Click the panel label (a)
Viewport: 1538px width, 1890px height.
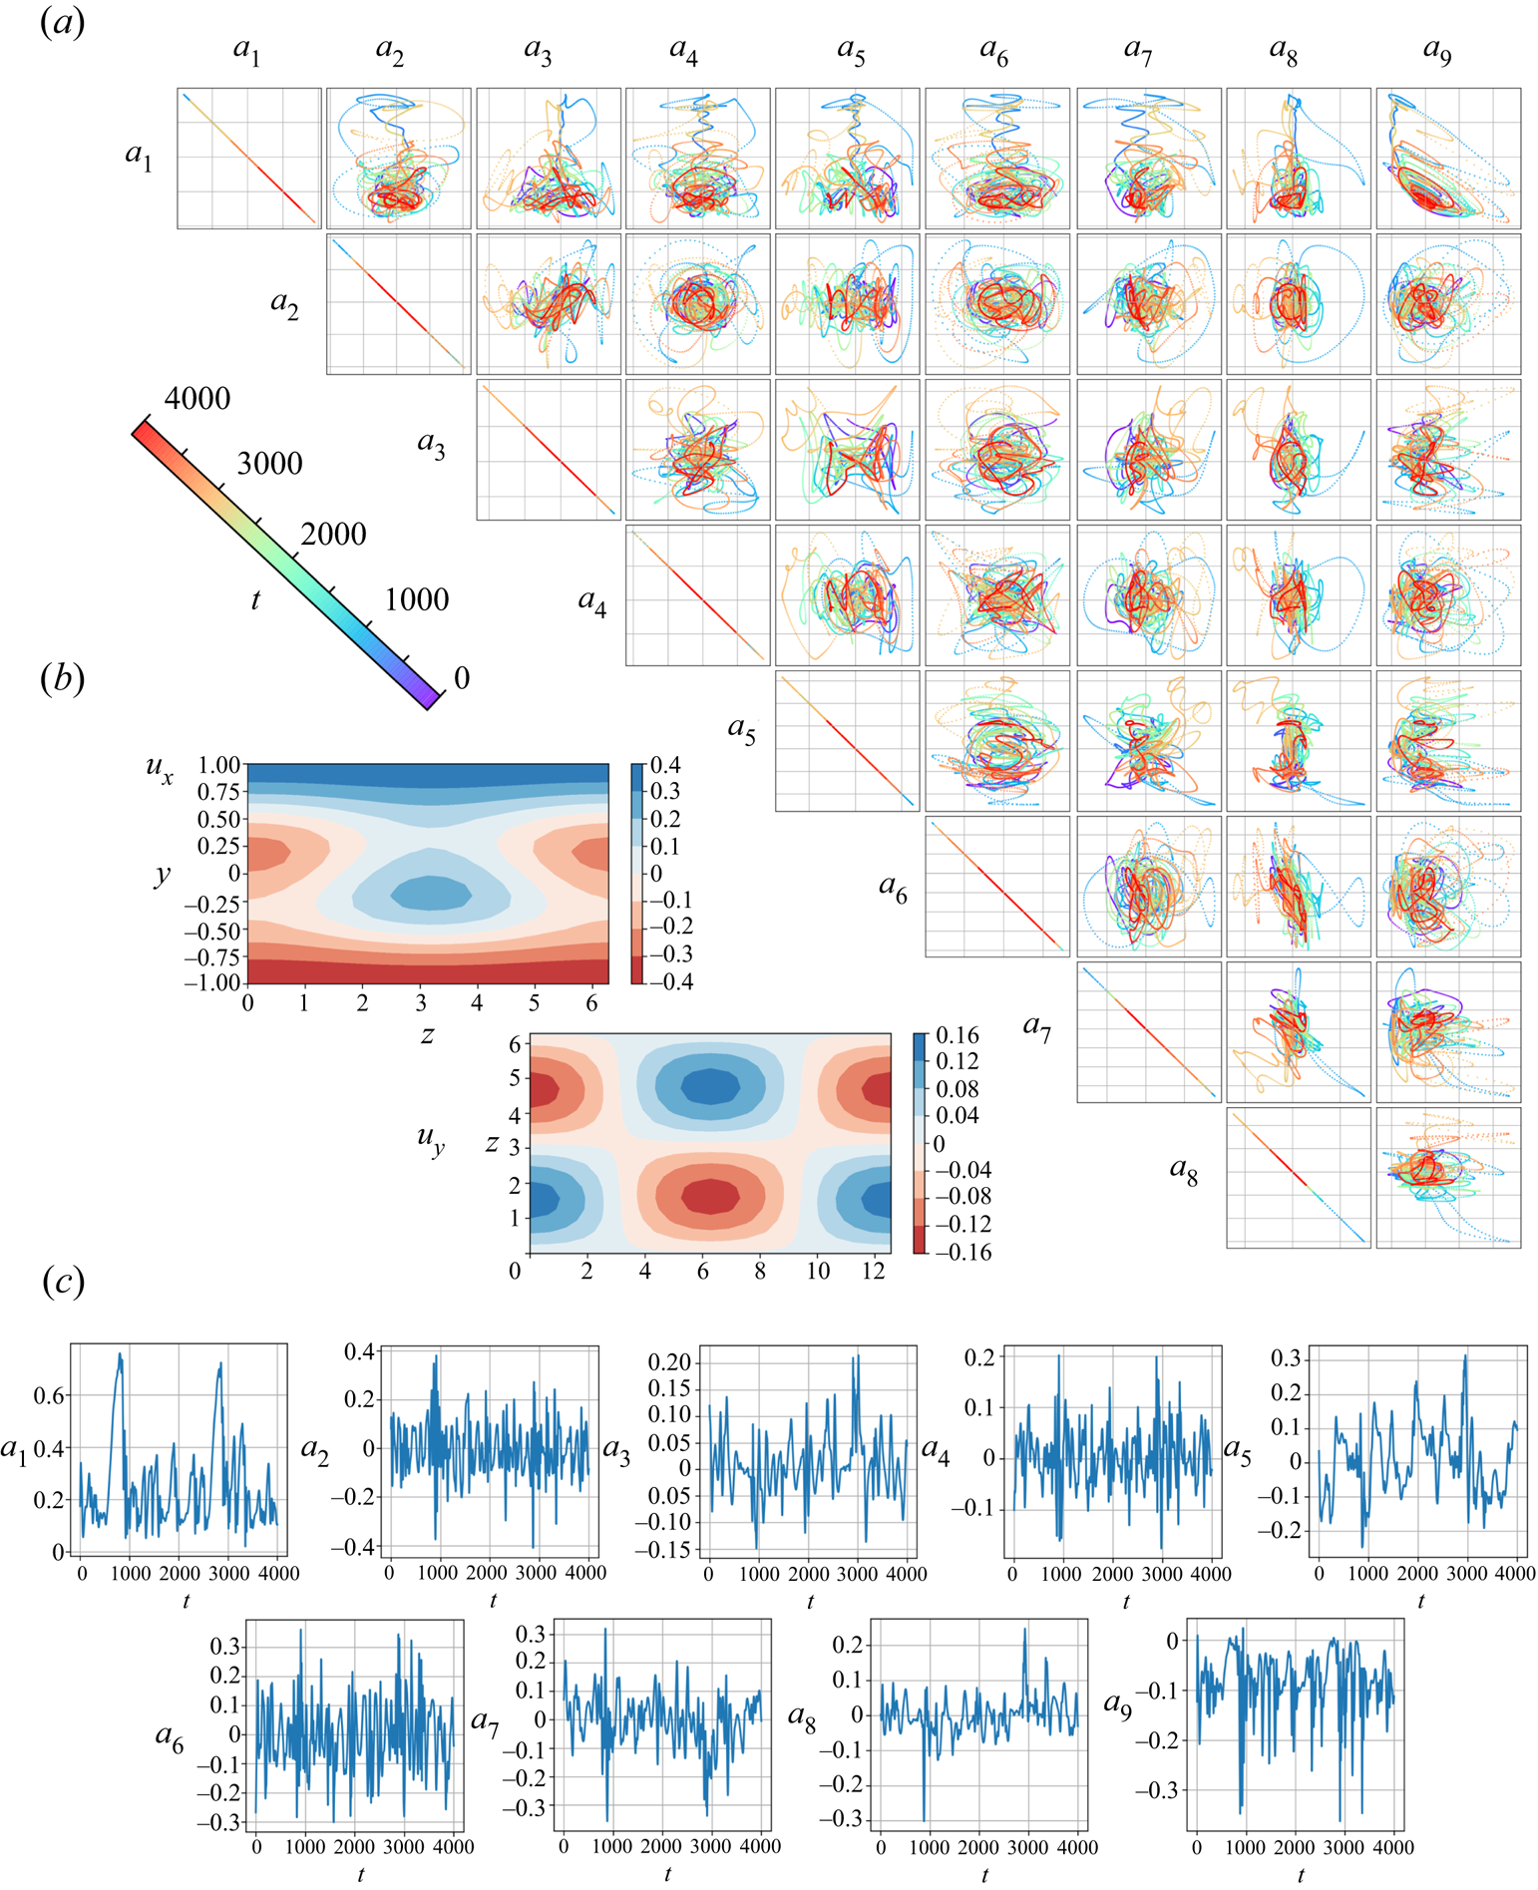coord(62,22)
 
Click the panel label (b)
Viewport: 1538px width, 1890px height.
coord(62,678)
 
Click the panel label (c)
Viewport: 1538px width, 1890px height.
coord(63,1282)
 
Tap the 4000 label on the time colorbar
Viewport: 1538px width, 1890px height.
coord(197,399)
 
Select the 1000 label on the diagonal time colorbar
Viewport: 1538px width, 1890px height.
coord(417,599)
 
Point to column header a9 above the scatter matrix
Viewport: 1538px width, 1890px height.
coord(1437,50)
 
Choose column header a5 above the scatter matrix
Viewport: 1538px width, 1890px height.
coord(851,50)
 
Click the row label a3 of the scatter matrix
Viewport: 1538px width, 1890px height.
coord(431,443)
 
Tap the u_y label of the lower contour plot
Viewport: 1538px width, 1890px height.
coord(431,1139)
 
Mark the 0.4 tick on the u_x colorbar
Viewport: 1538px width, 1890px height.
coord(665,765)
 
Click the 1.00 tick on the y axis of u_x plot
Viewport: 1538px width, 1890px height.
coord(219,765)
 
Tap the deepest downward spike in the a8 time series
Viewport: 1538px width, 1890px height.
coord(924,1820)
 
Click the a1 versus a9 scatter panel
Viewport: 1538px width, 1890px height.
coord(1448,158)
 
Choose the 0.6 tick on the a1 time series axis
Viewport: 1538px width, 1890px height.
coord(49,1395)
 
